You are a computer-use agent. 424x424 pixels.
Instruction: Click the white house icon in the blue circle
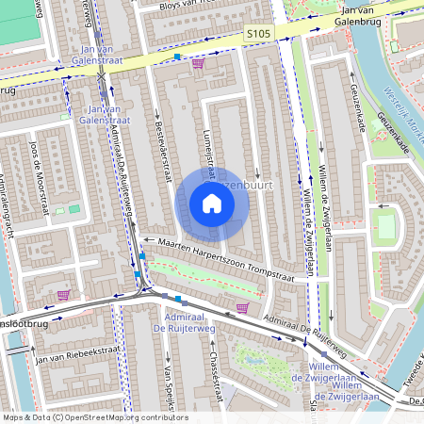[212, 204]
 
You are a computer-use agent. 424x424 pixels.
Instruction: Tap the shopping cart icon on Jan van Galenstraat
[198, 64]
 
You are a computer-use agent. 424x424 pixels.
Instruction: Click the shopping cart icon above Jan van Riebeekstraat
[63, 295]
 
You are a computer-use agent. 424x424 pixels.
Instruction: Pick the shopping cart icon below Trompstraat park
[243, 307]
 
